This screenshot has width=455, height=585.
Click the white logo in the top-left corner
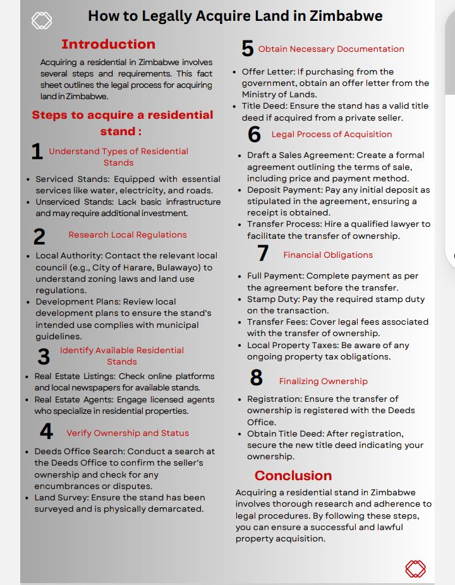click(42, 21)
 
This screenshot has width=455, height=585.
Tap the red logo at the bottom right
click(415, 568)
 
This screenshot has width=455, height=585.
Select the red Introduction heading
click(108, 44)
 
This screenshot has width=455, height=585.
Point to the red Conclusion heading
click(293, 475)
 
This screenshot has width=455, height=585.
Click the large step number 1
click(37, 152)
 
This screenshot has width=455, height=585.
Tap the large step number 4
click(46, 431)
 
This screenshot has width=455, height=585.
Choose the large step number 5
click(248, 49)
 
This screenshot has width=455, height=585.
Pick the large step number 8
click(257, 378)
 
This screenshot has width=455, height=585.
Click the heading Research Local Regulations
click(128, 234)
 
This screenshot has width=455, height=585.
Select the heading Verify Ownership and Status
click(128, 433)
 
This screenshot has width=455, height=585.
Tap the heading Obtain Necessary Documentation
click(331, 49)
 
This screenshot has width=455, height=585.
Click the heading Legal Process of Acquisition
click(332, 134)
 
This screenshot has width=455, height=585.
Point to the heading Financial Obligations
click(328, 255)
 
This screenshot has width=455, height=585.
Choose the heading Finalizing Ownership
click(323, 381)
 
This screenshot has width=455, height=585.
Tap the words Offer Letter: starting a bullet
click(268, 71)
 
